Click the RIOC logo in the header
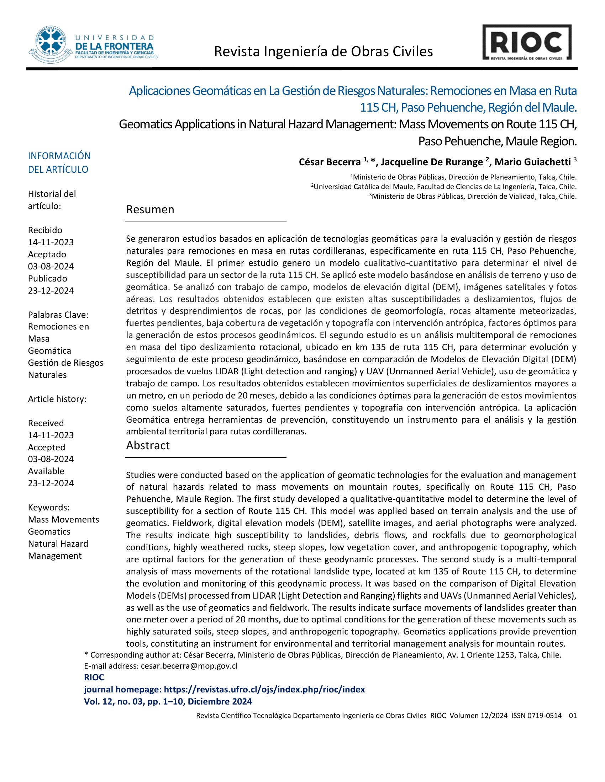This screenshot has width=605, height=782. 526,42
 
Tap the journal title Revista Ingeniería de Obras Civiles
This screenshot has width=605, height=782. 323,52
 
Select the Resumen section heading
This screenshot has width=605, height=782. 150,209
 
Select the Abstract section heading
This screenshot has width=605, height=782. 148,445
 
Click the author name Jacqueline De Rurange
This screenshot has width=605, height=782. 432,162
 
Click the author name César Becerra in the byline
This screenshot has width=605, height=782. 330,162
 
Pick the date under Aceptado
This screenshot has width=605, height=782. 51,266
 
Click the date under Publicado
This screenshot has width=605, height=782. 51,290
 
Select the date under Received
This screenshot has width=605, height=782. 51,435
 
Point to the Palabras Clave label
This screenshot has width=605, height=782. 58,315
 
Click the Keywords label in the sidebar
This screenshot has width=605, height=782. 49,507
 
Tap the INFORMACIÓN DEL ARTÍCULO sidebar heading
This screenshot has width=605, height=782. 59,162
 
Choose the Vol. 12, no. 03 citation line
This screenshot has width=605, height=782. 168,701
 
